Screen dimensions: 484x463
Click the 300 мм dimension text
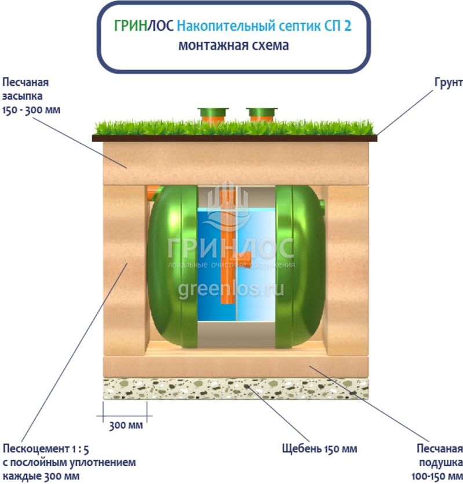125,426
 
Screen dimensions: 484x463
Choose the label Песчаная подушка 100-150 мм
440,462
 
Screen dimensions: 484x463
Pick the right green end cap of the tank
300,267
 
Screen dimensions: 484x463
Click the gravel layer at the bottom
235,388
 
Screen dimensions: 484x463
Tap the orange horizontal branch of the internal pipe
244,264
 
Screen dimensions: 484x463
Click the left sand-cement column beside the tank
125,270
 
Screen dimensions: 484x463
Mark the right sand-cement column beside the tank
347,270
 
